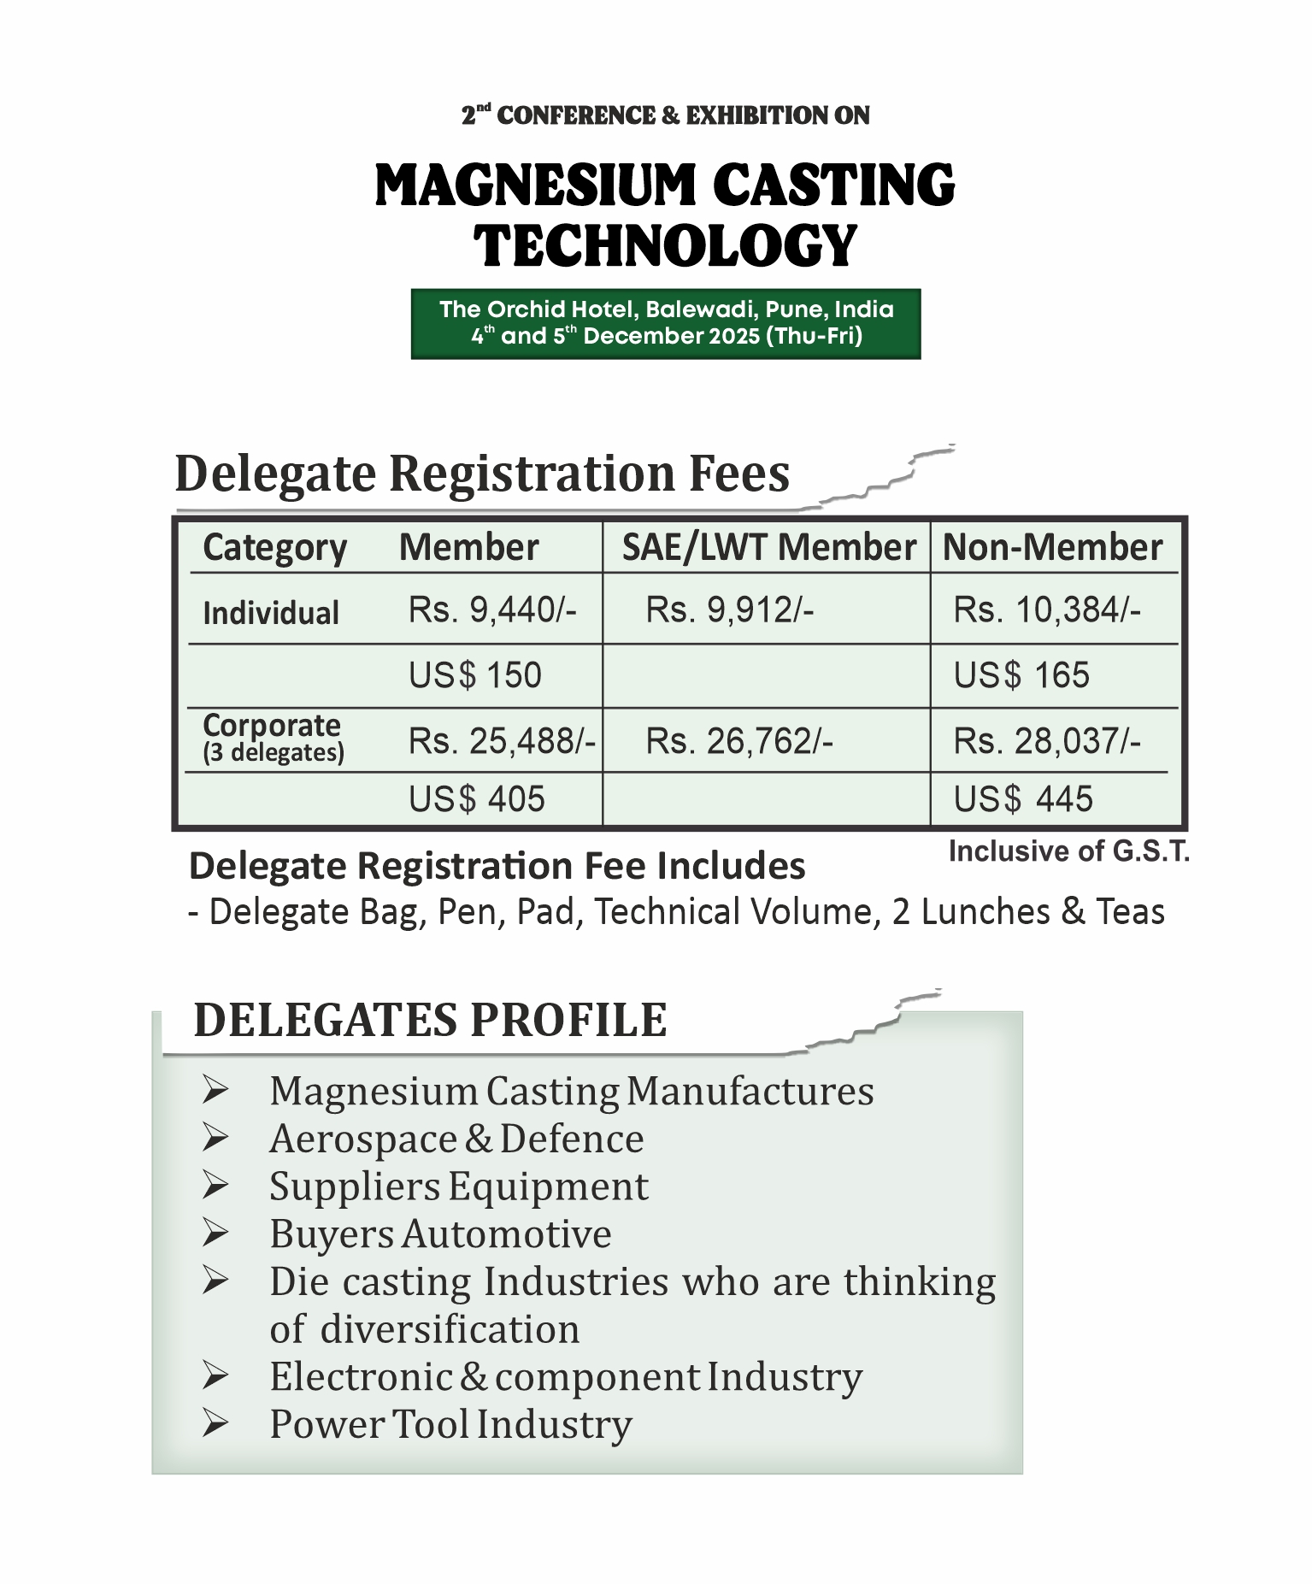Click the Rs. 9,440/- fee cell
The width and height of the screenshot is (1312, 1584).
click(492, 610)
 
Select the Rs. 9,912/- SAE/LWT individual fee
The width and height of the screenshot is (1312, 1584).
click(729, 610)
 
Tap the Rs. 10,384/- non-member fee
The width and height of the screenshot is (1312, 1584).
click(1046, 610)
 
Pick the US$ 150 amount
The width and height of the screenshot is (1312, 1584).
click(474, 675)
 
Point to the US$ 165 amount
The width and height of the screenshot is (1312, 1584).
click(1021, 675)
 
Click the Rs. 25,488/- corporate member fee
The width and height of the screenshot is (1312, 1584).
click(502, 741)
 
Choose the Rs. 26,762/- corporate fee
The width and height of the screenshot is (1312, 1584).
click(738, 741)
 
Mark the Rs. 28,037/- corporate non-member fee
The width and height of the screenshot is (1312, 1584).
click(1046, 741)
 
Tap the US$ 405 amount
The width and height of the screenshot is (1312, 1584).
click(476, 799)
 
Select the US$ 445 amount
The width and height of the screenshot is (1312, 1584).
click(1023, 799)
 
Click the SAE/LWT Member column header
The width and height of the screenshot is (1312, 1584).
click(768, 547)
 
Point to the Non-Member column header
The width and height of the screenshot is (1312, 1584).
click(1052, 547)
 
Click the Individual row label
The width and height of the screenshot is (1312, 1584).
click(271, 613)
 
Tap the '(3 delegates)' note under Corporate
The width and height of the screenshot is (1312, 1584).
click(274, 753)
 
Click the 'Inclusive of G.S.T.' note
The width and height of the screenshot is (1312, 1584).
click(1068, 851)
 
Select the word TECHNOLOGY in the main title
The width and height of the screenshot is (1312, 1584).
click(665, 245)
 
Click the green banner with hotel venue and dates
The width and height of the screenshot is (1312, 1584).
click(665, 323)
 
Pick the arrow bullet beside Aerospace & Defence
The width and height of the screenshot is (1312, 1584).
click(215, 1139)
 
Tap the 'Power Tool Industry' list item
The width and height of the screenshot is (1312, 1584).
click(450, 1424)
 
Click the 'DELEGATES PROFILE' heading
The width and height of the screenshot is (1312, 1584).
click(430, 1020)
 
